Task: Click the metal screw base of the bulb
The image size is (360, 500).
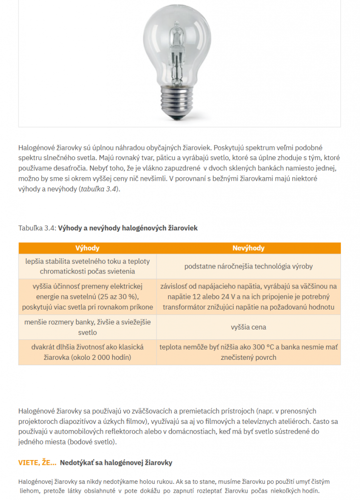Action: (180, 101)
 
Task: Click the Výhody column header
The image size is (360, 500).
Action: (87, 248)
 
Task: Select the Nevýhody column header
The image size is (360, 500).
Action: (248, 248)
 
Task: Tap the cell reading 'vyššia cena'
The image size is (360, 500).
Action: (248, 327)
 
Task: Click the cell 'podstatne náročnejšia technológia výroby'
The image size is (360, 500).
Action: (248, 266)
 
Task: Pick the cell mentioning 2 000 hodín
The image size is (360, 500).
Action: (87, 352)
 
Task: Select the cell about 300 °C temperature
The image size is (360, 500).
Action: (248, 352)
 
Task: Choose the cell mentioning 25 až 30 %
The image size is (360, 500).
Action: (87, 296)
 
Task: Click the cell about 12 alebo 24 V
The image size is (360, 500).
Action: (248, 296)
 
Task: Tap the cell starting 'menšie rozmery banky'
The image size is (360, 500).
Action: (87, 327)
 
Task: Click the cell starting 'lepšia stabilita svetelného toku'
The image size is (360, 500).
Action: (87, 266)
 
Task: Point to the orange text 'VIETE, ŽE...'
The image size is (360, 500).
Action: (37, 462)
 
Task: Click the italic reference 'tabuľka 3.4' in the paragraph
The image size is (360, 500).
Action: (99, 189)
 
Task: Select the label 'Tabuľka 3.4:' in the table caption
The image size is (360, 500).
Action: (37, 228)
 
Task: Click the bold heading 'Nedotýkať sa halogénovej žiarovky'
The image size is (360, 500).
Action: (116, 462)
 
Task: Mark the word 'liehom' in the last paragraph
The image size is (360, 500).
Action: (29, 491)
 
